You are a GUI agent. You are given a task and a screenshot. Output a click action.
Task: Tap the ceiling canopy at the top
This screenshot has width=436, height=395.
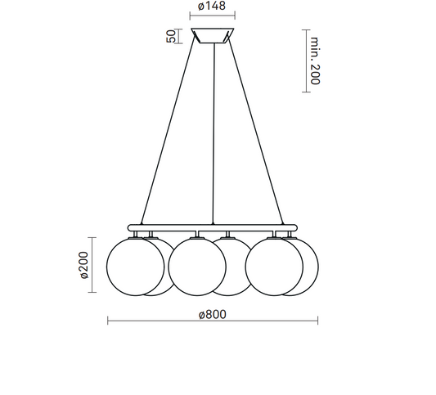[212, 37]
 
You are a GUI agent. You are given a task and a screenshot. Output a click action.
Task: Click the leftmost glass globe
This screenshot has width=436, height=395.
[133, 263]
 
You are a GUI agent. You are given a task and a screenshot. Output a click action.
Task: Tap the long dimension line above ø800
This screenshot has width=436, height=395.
[212, 320]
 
